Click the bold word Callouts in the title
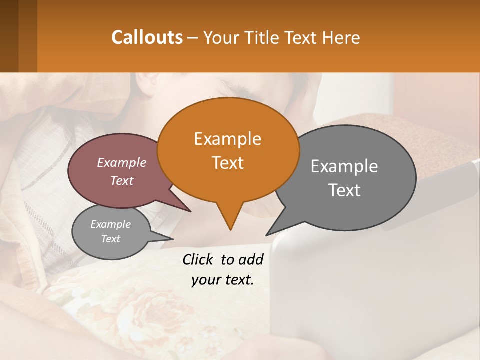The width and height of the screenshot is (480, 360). [147, 37]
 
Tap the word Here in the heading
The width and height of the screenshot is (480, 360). [341, 37]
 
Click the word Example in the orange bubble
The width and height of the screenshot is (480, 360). [227, 139]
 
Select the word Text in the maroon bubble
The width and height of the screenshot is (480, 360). [122, 181]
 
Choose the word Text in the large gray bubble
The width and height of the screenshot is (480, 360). [344, 190]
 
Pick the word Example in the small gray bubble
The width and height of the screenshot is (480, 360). [110, 224]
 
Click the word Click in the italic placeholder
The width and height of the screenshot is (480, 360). [198, 259]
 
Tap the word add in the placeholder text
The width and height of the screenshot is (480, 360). [251, 259]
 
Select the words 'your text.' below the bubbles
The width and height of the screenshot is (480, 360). [222, 280]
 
